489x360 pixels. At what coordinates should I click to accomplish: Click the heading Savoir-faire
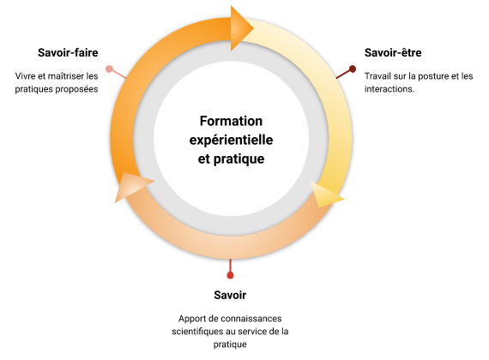pos(68,52)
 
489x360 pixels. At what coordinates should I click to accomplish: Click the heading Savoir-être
pos(393,52)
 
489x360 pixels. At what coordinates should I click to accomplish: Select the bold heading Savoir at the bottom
pos(230,295)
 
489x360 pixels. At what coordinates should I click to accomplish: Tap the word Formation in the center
pos(231,121)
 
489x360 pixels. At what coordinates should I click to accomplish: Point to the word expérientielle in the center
pos(231,141)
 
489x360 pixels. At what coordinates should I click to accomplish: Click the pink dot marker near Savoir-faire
pos(109,69)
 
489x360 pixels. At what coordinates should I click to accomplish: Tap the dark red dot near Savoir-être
pos(353,69)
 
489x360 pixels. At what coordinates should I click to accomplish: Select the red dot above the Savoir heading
pos(230,275)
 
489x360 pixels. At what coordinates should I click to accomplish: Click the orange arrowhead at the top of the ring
pos(240,28)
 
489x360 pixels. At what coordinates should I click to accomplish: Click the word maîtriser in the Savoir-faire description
pos(64,76)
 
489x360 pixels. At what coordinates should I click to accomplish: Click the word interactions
pos(389,89)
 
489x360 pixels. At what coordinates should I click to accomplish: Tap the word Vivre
pos(24,76)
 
